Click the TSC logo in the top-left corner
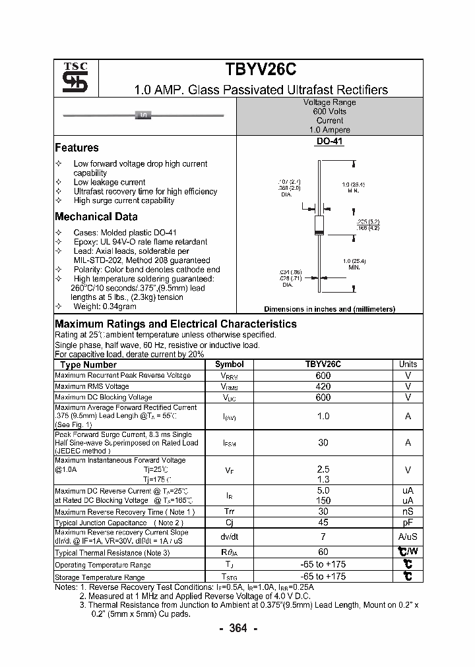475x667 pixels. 70,78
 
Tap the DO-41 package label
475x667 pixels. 330,141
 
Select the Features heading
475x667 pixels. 77,148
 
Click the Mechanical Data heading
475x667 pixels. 96,216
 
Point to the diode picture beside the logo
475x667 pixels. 144,116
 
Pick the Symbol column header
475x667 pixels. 230,364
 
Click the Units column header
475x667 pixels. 408,364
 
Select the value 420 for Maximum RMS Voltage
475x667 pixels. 323,386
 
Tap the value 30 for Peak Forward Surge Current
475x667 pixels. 323,443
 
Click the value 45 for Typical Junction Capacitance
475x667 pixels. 323,523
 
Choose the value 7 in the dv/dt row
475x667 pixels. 323,537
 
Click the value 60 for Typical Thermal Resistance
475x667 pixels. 323,552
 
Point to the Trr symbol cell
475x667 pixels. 230,512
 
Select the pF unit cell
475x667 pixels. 408,523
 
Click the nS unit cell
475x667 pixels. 408,512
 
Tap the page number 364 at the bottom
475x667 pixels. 237,628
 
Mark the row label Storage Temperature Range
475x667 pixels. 103,577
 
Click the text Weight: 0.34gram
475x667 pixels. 105,306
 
